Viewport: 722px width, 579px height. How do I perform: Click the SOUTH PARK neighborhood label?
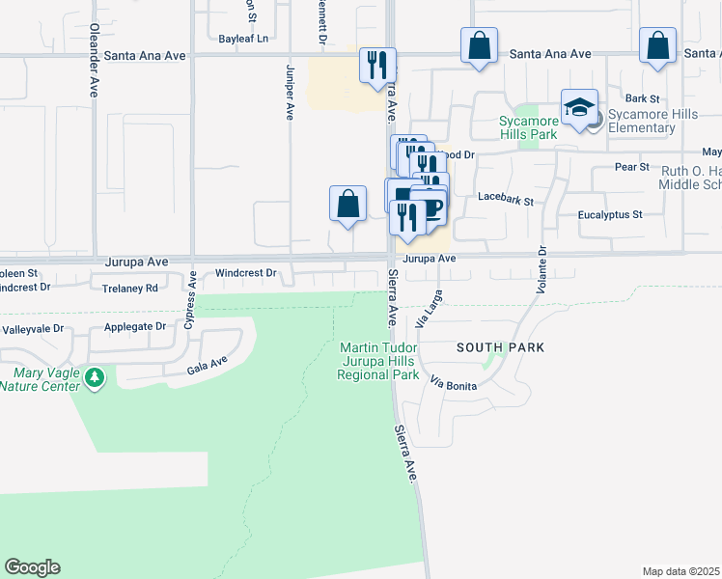500,347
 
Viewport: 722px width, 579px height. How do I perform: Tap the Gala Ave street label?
208,365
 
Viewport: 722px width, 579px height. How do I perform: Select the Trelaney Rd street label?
130,288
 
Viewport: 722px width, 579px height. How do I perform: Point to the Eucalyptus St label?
610,215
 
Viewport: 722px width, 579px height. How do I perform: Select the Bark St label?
642,98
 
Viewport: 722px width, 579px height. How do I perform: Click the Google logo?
32,567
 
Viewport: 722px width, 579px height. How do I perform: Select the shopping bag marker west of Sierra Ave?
348,204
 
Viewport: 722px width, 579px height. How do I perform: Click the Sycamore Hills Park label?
529,127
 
